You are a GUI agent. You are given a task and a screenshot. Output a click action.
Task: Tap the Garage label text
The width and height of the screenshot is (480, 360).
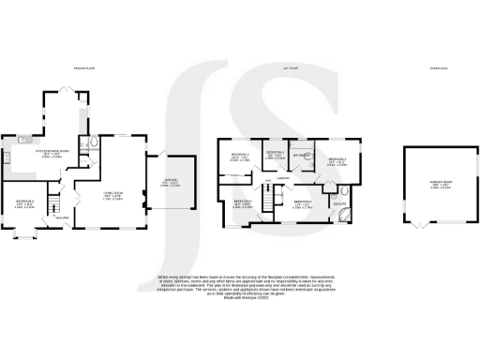[x=169, y=184]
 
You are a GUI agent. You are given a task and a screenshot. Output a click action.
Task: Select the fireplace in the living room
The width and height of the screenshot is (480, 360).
[x=142, y=198]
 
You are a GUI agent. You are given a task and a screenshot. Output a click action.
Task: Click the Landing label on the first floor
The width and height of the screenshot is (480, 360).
[x=281, y=178]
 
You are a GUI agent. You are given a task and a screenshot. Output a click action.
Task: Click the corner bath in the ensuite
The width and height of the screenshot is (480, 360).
[x=342, y=214]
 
